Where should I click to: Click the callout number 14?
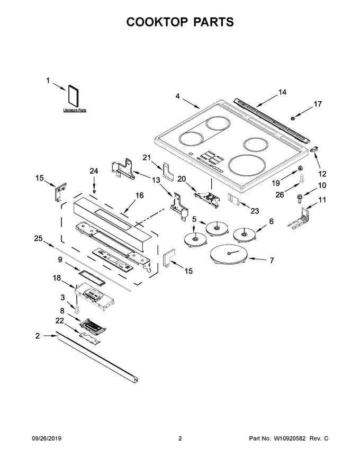tap(282, 92)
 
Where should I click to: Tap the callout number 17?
tap(318, 104)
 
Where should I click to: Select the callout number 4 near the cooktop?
tap(177, 96)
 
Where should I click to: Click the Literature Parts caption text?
tap(74, 111)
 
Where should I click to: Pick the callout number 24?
tap(94, 171)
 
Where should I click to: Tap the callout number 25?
tap(38, 239)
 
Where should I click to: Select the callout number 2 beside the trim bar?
tap(38, 336)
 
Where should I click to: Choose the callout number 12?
tap(322, 174)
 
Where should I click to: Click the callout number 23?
tap(255, 211)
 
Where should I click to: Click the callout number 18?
tap(57, 277)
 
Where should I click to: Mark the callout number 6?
tap(271, 221)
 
